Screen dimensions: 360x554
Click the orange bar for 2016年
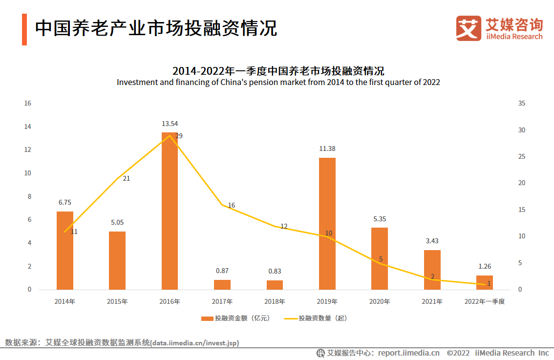click(170, 211)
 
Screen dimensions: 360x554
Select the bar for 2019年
click(327, 224)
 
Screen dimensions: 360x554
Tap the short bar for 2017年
click(222, 285)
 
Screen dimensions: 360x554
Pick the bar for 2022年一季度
click(484, 282)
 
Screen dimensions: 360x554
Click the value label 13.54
click(170, 124)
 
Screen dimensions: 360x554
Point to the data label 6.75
click(64, 202)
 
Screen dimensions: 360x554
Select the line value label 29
click(179, 136)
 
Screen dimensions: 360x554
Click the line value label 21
click(126, 178)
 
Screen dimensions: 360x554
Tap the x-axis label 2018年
click(275, 301)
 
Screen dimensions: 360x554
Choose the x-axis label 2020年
click(380, 301)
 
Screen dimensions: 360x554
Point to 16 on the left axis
click(28, 103)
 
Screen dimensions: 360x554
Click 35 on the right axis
click(522, 103)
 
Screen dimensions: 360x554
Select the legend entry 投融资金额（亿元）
click(235, 318)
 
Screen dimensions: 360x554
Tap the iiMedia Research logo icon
click(469, 28)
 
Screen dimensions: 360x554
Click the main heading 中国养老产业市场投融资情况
click(156, 28)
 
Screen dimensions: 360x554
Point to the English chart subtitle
click(278, 82)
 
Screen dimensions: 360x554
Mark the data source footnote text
click(122, 342)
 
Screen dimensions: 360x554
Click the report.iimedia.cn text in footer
click(408, 353)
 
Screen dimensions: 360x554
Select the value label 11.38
click(327, 148)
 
